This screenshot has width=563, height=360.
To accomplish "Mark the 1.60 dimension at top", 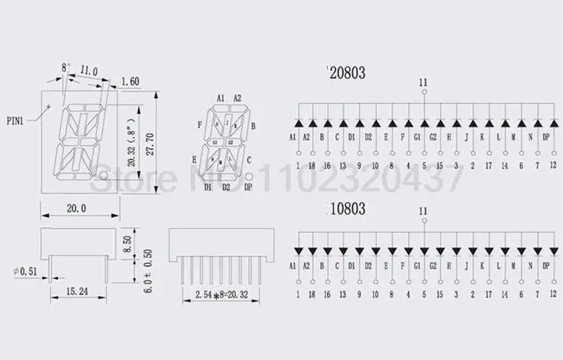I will (x=131, y=80).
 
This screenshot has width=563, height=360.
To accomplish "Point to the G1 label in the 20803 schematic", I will (x=423, y=137).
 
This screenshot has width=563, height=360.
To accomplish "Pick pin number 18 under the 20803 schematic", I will (x=312, y=166).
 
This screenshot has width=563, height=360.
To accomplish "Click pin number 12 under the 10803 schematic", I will (x=552, y=295).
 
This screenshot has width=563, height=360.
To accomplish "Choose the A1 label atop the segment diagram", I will (x=220, y=98).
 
